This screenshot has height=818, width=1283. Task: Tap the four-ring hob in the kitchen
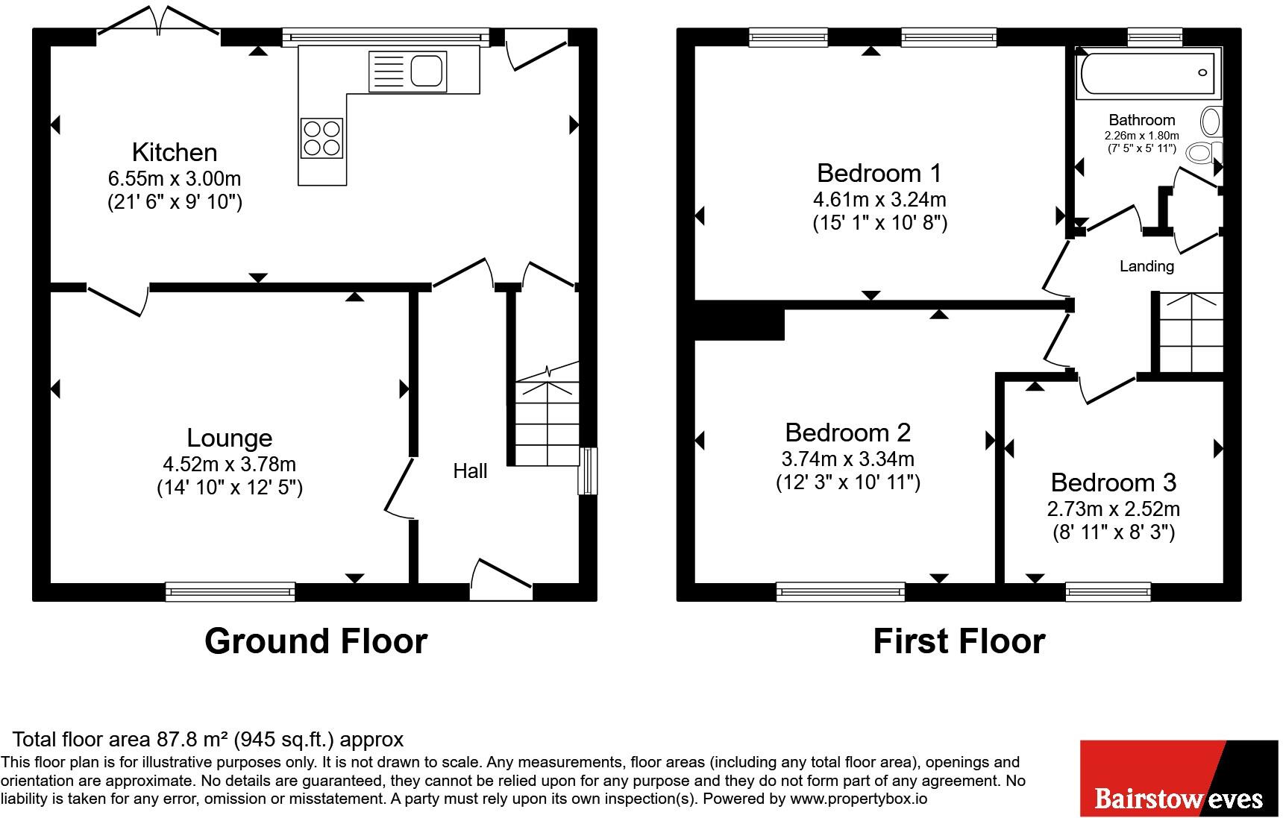(322, 139)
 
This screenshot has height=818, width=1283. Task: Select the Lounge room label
(230, 438)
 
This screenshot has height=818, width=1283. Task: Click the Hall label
(471, 471)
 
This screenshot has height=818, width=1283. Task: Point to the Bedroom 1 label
(879, 173)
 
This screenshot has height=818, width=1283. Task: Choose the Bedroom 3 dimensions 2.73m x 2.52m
(1114, 509)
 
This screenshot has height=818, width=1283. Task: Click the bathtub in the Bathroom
(1148, 73)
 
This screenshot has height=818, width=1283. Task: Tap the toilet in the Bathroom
(1205, 153)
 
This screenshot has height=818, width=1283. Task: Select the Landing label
(1147, 266)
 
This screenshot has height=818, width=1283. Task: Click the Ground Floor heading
(316, 641)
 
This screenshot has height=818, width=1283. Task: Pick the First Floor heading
(959, 641)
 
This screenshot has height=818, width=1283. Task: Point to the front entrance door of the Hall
(501, 580)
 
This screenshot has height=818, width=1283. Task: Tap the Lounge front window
(230, 592)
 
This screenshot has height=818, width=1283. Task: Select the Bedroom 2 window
(841, 592)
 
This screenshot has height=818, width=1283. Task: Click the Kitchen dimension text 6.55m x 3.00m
(175, 179)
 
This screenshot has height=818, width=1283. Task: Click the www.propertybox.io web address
(858, 799)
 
